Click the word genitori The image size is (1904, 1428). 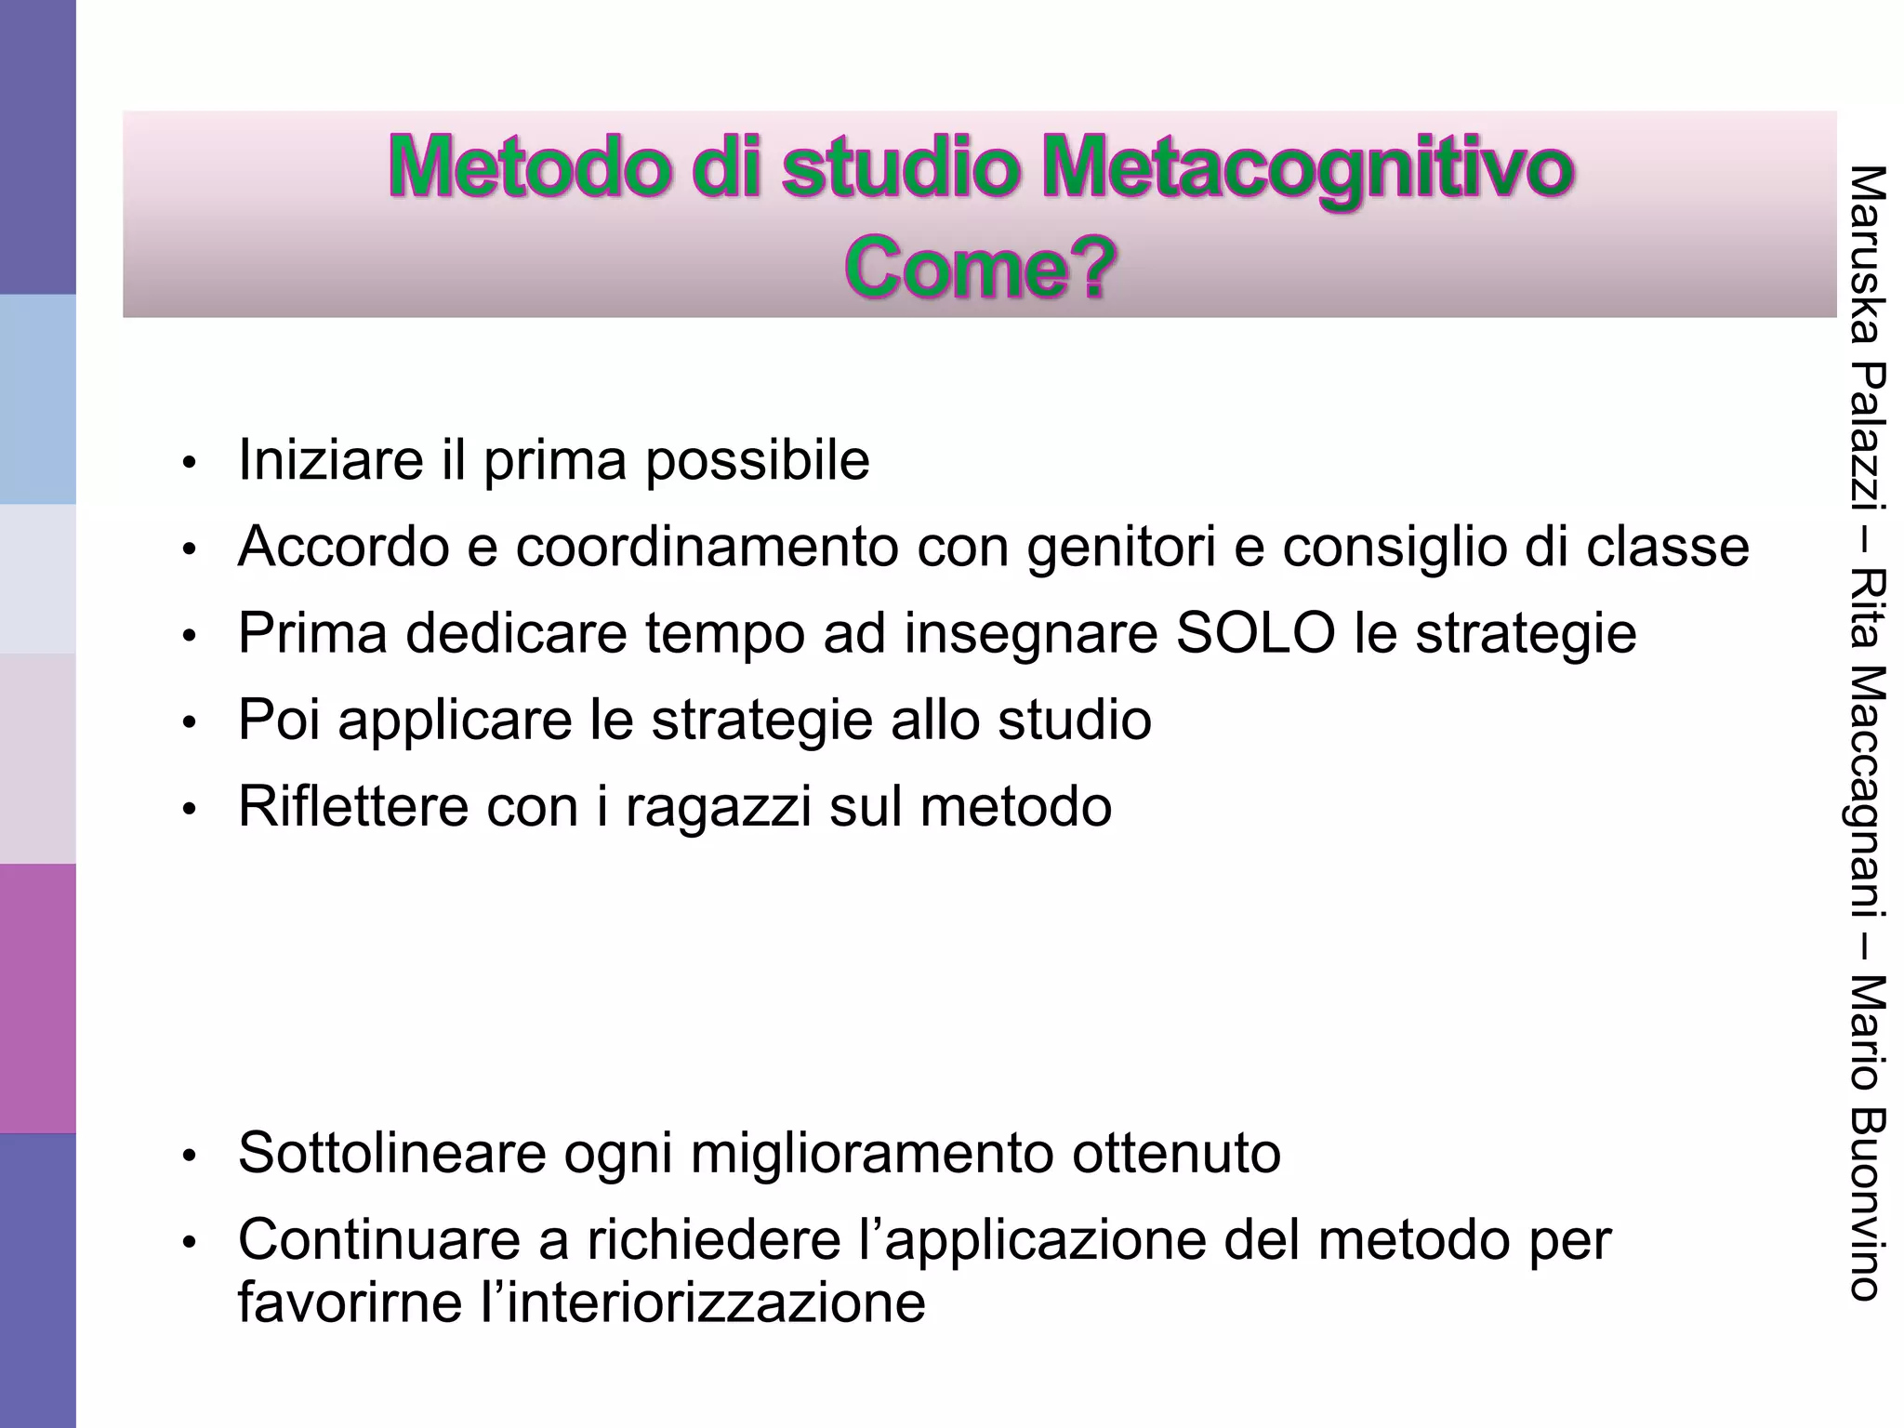click(1121, 547)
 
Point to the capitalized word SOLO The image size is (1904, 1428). click(1255, 633)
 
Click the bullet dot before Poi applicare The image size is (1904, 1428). click(190, 722)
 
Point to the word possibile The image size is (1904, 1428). click(758, 459)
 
